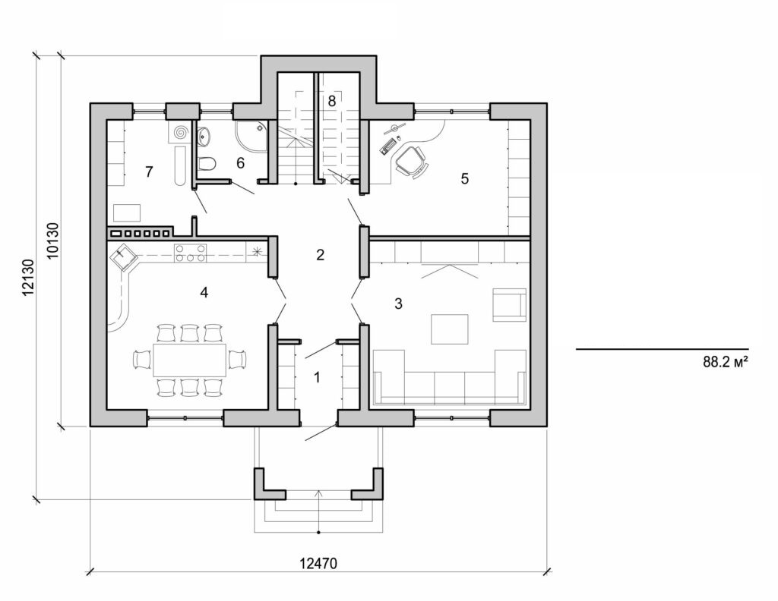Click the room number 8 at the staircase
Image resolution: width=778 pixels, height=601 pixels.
tap(331, 100)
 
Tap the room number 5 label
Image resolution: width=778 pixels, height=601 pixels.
tap(465, 179)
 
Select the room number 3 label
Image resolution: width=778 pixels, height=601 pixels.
tap(398, 304)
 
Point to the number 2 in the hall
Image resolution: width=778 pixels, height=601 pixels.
tap(320, 255)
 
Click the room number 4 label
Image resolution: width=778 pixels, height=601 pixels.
tap(204, 292)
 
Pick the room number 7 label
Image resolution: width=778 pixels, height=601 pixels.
tap(149, 172)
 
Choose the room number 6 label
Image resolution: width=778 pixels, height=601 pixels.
tap(241, 162)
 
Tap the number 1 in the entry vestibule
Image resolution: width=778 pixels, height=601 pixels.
tap(318, 376)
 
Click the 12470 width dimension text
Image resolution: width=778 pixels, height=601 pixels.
tap(318, 563)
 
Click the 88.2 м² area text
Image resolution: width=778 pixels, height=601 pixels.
tap(726, 363)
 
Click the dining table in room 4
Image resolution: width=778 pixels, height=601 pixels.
tap(189, 360)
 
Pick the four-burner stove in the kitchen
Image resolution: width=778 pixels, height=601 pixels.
tap(191, 253)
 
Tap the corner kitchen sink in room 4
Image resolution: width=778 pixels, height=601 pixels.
tap(124, 259)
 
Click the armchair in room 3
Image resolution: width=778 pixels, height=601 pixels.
tap(509, 304)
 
